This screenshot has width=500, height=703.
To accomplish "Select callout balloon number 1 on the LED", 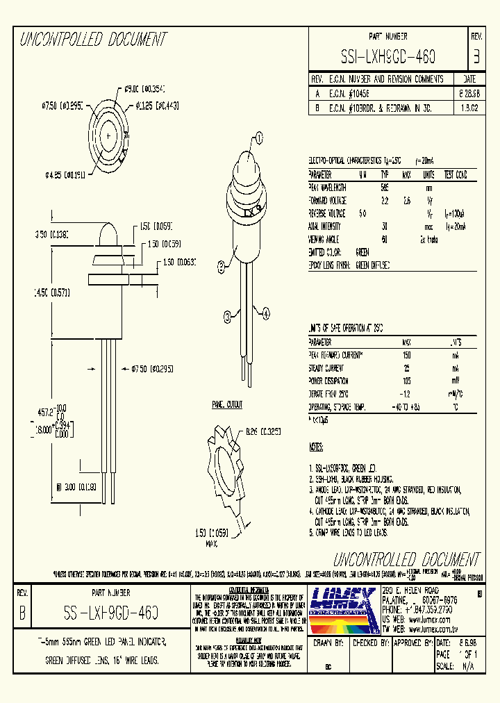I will pos(259,138).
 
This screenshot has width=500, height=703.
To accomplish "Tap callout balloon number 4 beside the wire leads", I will pos(265,313).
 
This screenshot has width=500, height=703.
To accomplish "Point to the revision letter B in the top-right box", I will pos(476,55).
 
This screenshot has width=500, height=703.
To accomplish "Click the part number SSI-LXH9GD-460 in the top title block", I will pos(393,55).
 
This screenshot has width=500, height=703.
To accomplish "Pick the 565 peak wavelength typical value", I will pos(384,188).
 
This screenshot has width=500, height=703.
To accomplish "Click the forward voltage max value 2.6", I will pos(407,200).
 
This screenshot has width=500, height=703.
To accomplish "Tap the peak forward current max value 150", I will pos(406,355).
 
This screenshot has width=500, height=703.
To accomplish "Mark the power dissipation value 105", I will pos(406,381).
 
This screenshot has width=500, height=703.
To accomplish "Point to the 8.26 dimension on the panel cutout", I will pos(262,431).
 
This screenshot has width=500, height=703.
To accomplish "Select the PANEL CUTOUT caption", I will pos(227,404).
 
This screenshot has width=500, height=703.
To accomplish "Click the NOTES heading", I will pos(317,447).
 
